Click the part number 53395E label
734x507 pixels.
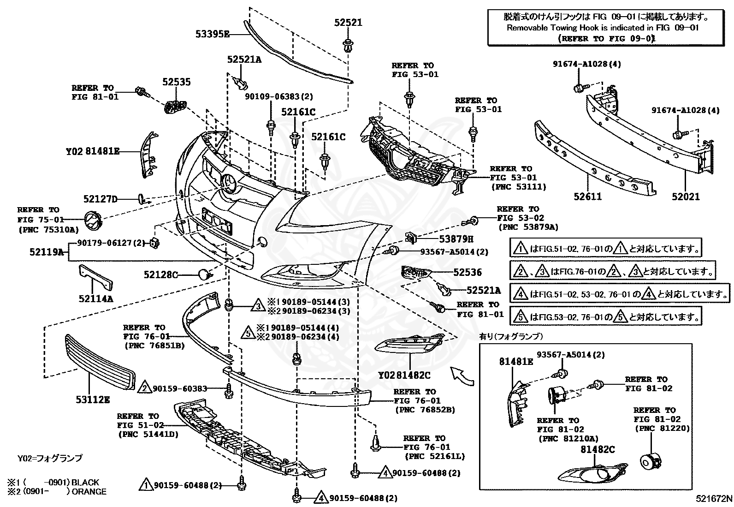(212, 34)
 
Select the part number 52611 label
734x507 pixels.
(587, 197)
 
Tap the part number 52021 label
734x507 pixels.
(685, 197)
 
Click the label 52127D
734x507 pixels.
(101, 199)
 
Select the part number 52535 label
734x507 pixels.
(176, 82)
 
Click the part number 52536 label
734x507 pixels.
(467, 273)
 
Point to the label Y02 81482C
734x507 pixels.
(404, 376)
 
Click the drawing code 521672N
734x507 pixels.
(714, 499)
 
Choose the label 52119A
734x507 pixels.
(46, 252)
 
